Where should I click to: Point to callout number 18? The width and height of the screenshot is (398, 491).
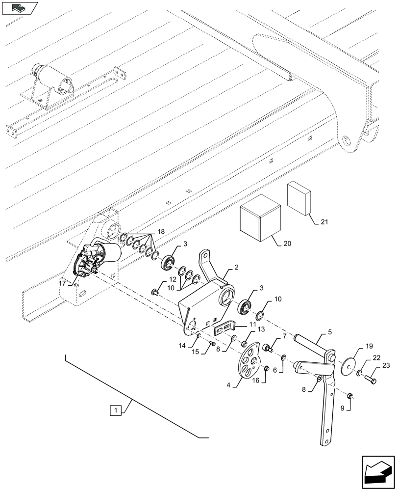[161, 231]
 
